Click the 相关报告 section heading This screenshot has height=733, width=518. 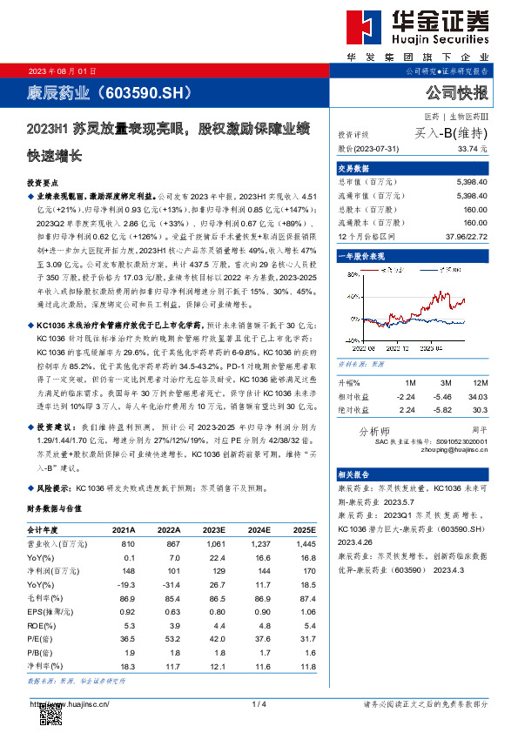coord(354,474)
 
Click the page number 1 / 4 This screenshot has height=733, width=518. coord(258,703)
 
